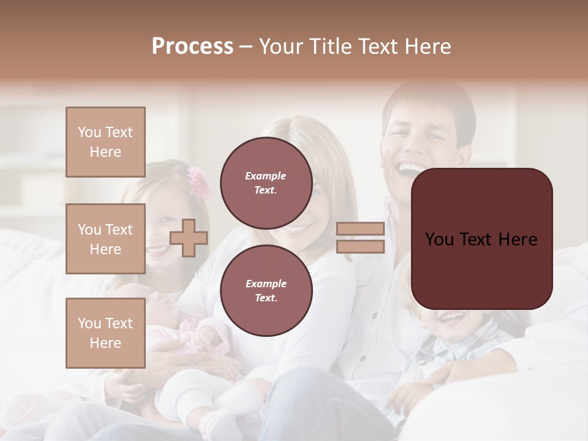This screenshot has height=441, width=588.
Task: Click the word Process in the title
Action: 192,47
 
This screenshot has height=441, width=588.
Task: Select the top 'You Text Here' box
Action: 105,142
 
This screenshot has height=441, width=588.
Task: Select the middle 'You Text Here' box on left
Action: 105,239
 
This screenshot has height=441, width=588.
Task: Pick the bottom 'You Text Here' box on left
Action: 105,333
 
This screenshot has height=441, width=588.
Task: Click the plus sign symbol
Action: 189,238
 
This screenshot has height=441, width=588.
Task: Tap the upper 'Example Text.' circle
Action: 266,183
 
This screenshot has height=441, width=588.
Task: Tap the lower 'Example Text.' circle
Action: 266,290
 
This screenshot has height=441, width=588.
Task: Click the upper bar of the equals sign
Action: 360,229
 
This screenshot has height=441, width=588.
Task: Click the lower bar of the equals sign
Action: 360,247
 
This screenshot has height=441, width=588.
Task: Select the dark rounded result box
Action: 481,239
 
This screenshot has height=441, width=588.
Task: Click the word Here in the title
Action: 426,47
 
